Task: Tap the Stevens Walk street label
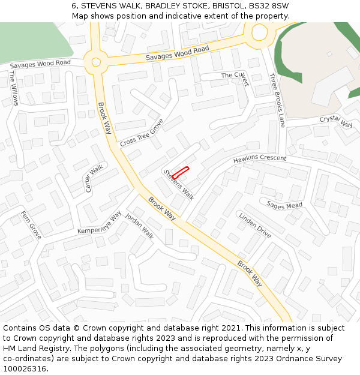pyautogui.click(x=178, y=184)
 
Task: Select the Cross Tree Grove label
pyautogui.click(x=142, y=133)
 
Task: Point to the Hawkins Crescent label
pyautogui.click(x=260, y=159)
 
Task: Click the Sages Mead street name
pyautogui.click(x=284, y=206)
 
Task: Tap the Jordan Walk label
pyautogui.click(x=139, y=227)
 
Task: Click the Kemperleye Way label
pyautogui.click(x=100, y=223)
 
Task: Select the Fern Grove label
pyautogui.click(x=31, y=225)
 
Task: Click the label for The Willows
pyautogui.click(x=13, y=88)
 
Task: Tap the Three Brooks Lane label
pyautogui.click(x=277, y=100)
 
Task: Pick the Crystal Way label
pyautogui.click(x=335, y=121)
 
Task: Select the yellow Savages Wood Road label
pyautogui.click(x=177, y=53)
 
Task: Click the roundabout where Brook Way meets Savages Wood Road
pyautogui.click(x=95, y=61)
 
